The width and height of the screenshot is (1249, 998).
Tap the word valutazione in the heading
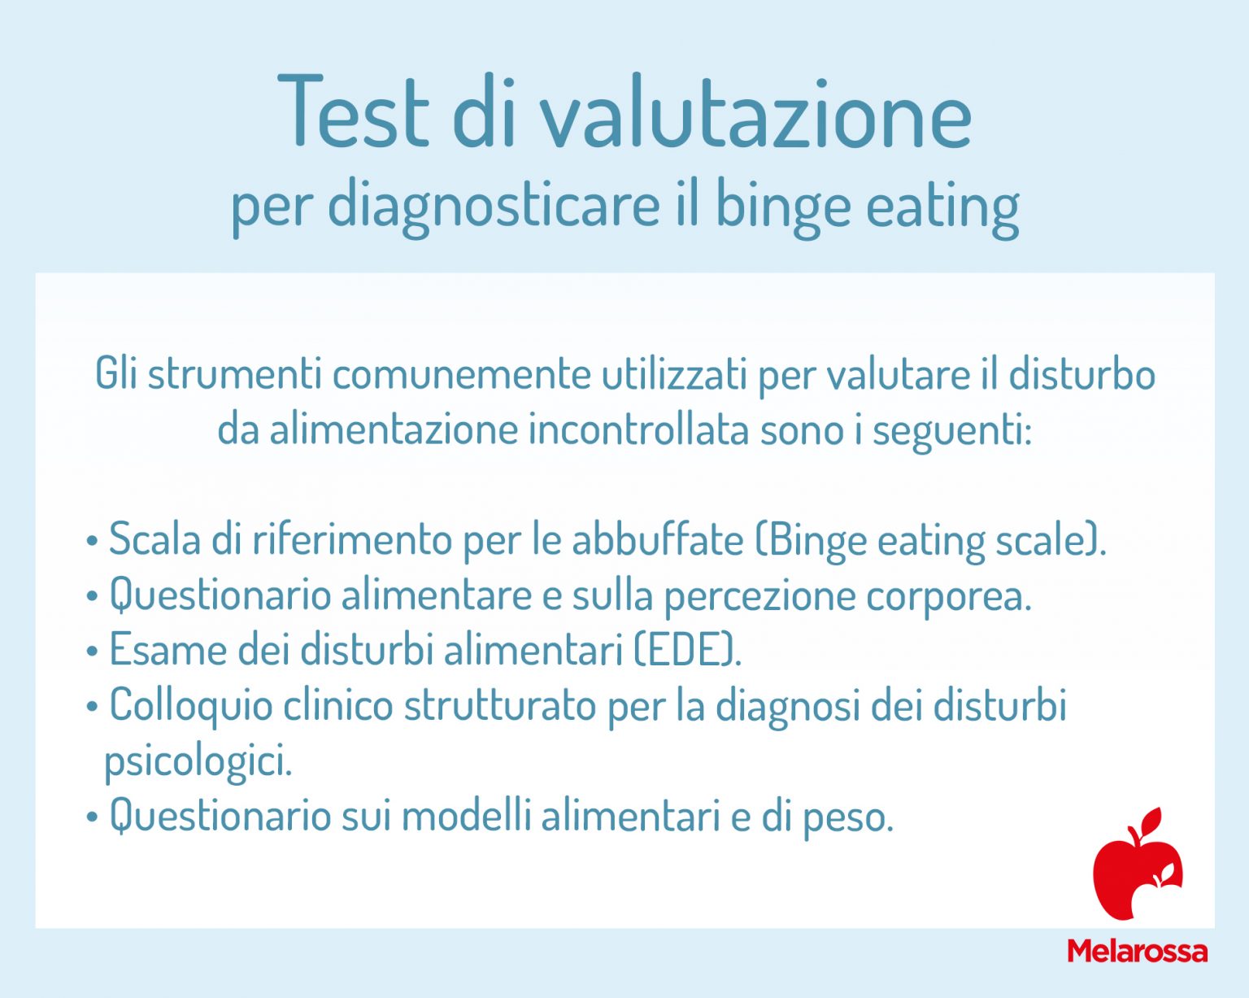tap(756, 114)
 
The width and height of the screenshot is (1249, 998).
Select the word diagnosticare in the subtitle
tap(494, 205)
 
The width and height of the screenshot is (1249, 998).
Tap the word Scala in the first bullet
tap(154, 539)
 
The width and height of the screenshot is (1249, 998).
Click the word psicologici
tap(197, 762)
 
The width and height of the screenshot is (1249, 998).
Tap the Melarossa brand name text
tap(1137, 951)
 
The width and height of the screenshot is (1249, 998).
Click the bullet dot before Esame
tap(92, 651)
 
